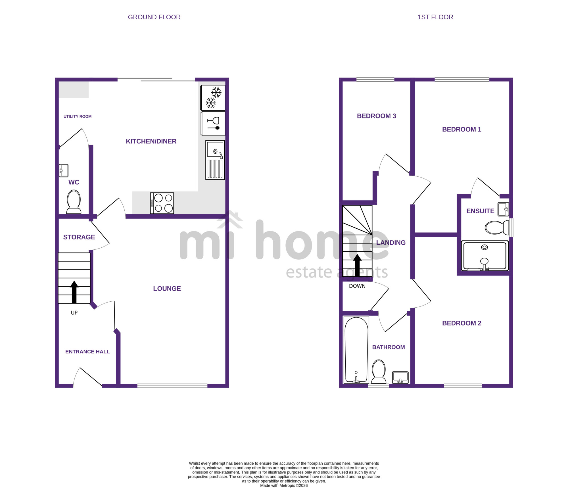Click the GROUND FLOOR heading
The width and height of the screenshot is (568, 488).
pyautogui.click(x=154, y=17)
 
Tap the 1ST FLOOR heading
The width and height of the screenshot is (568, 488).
pyautogui.click(x=435, y=17)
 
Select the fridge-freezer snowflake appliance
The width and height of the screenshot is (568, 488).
pyautogui.click(x=213, y=98)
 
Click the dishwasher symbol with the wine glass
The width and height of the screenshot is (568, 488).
pyautogui.click(x=213, y=124)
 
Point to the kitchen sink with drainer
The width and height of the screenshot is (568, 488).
pyautogui.click(x=215, y=160)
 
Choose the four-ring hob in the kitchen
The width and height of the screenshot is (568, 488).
pyautogui.click(x=162, y=203)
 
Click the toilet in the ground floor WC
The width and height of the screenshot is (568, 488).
pyautogui.click(x=74, y=202)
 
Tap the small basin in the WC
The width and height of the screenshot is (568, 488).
pyautogui.click(x=64, y=170)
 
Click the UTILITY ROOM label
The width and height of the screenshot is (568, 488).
pyautogui.click(x=78, y=116)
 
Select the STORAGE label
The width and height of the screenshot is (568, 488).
pyautogui.click(x=79, y=237)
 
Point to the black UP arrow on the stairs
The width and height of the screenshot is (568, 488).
pyautogui.click(x=74, y=292)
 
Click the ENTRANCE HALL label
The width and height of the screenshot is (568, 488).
pyautogui.click(x=87, y=352)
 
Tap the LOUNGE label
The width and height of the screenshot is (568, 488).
pyautogui.click(x=167, y=289)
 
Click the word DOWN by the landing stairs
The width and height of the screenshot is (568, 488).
pyautogui.click(x=357, y=286)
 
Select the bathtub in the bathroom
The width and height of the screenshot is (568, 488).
pyautogui.click(x=356, y=350)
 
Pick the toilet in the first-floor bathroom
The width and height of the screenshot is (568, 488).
pyautogui.click(x=379, y=372)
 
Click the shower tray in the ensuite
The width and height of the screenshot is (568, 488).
pyautogui.click(x=485, y=256)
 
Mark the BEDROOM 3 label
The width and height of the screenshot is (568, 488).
pyautogui.click(x=376, y=116)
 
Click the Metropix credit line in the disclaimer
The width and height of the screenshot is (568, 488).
pyautogui.click(x=284, y=485)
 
